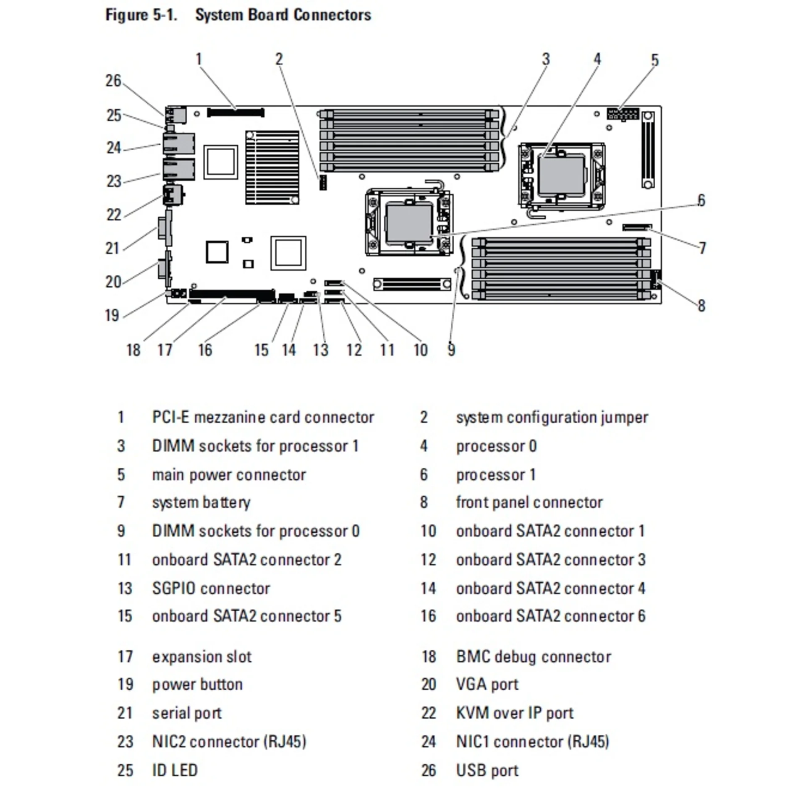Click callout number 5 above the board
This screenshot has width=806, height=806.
click(x=655, y=60)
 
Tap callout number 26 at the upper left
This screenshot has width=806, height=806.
click(x=113, y=81)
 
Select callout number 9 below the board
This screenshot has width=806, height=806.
click(x=451, y=350)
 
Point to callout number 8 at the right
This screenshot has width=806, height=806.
click(x=701, y=306)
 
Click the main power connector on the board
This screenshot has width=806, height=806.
click(x=623, y=114)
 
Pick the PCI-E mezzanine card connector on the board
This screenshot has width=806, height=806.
click(x=236, y=113)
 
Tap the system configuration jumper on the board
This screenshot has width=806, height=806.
click(x=322, y=182)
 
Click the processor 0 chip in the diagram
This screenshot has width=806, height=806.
click(x=562, y=174)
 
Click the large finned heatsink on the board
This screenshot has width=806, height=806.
click(x=272, y=167)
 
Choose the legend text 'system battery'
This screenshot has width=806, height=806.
click(x=201, y=502)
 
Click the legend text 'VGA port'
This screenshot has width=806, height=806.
click(x=487, y=684)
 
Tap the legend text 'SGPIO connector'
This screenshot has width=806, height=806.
click(x=211, y=589)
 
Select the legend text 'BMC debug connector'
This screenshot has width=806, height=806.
click(x=533, y=657)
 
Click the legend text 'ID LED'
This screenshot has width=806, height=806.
click(x=175, y=770)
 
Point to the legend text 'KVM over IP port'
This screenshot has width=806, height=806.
click(x=514, y=713)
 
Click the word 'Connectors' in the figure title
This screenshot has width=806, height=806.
click(x=332, y=15)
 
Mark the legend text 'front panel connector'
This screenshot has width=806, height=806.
click(x=529, y=502)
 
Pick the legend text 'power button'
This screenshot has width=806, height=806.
click(x=197, y=684)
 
